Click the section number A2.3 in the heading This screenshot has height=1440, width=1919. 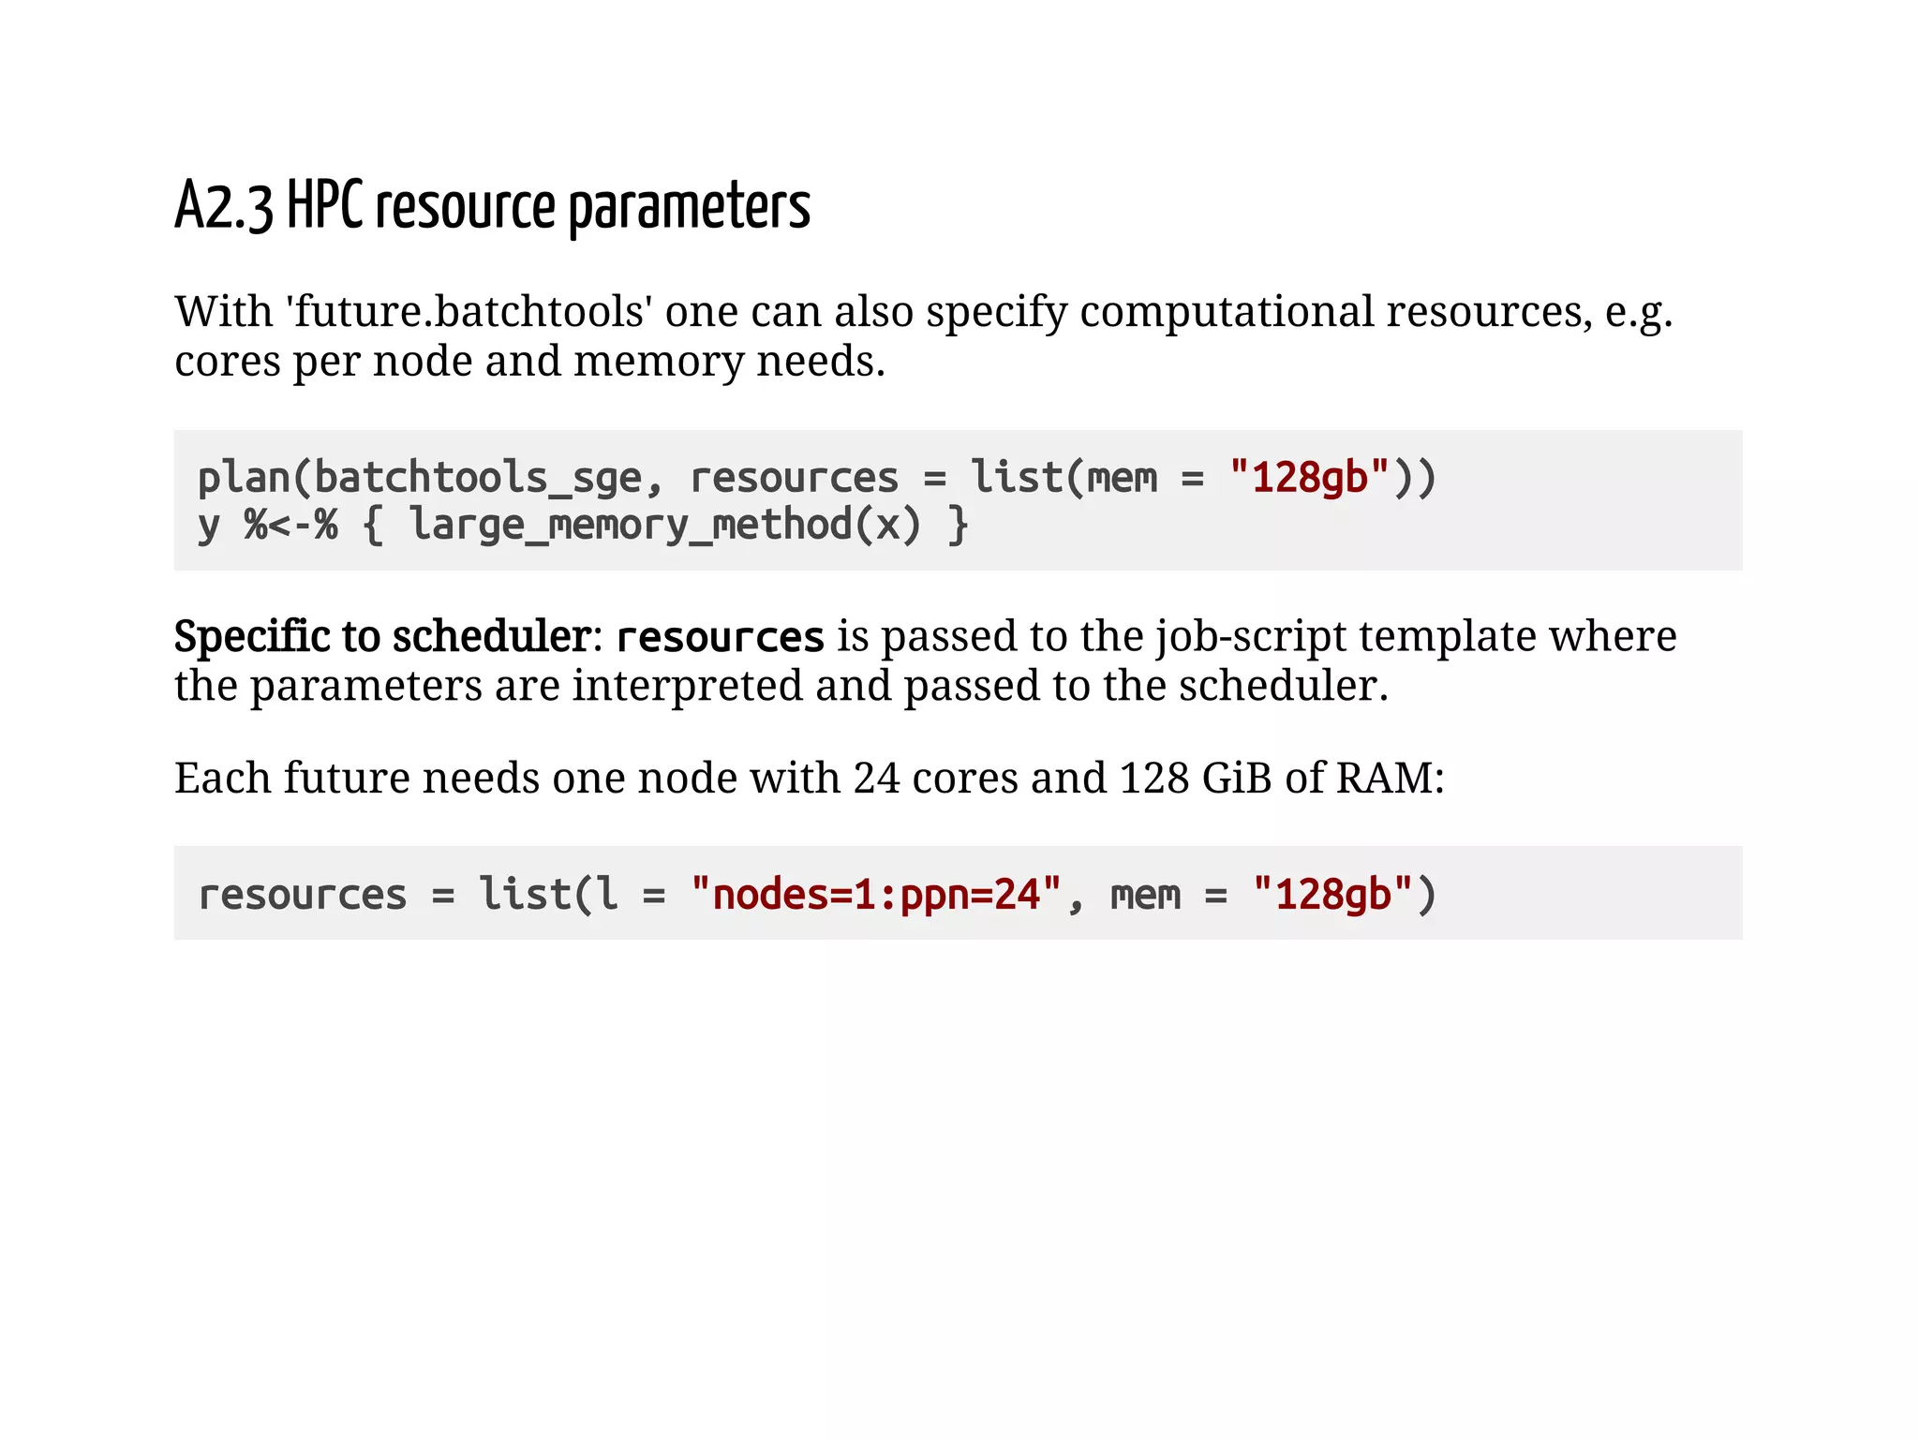[224, 207]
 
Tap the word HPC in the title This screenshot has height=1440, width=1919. [324, 205]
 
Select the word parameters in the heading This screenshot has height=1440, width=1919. [689, 207]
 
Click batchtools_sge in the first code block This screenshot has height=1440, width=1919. [478, 478]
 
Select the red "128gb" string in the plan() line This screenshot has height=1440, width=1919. [1309, 478]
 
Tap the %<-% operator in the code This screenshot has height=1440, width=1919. [290, 525]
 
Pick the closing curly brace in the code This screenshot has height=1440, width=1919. [958, 525]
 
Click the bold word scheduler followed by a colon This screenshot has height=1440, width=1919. [491, 637]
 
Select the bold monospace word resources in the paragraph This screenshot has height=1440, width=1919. [720, 638]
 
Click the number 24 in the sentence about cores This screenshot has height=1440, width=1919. [876, 778]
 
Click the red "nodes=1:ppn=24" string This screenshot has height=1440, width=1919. [876, 895]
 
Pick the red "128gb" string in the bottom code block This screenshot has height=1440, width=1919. [1332, 895]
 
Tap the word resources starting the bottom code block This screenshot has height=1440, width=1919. [303, 895]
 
